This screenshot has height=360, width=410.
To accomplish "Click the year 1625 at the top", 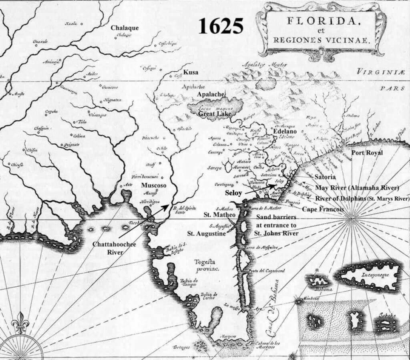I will pos(221,26).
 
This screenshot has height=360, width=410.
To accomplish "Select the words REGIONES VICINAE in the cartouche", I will pos(322,40).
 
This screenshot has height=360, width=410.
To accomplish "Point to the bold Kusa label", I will pos(191,72).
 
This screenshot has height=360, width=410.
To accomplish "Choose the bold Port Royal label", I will pos(367,153).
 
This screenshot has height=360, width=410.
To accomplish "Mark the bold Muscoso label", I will pos(154,185).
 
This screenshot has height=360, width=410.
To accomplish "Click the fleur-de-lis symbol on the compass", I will pos(20,323).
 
